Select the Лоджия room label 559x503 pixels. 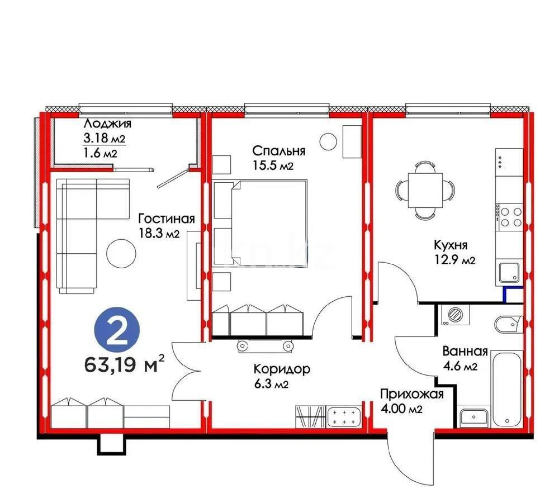107,124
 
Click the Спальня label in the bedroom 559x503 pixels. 278,151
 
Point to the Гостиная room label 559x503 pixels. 166,219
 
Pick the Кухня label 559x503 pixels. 451,244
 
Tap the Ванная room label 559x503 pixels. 465,352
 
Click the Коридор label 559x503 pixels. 274,369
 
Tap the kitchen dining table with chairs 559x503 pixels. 423,188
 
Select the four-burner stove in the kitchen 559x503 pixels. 509,217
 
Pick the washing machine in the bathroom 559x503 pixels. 455,314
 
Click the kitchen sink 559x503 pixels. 508,273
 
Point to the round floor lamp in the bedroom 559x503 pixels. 328,140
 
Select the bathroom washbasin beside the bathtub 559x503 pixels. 474,416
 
